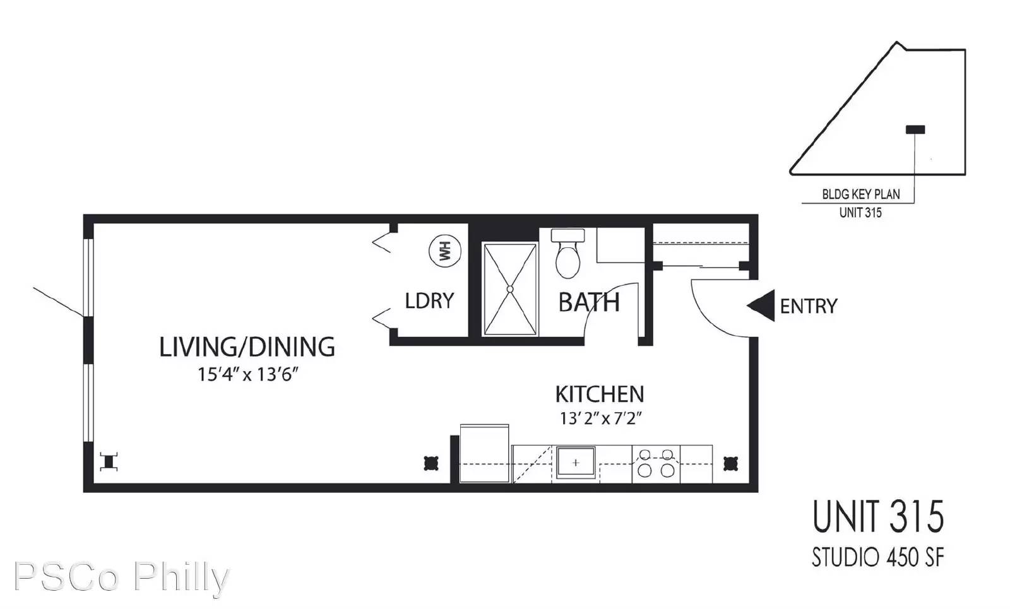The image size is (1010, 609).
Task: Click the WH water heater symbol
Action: pos(444,251)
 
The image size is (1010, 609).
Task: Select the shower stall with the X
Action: pos(510,289)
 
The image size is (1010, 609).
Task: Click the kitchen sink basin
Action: pos(575,463)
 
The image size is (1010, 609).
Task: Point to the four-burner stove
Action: pos(656,463)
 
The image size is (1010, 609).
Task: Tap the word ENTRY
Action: pos(808,307)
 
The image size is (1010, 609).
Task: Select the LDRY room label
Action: pos(429,300)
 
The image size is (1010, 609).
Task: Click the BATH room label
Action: pos(588,303)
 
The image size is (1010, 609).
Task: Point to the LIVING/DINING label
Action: pos(247,347)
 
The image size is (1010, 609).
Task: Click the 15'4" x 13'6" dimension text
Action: pos(247,374)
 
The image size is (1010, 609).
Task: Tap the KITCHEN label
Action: pos(599,394)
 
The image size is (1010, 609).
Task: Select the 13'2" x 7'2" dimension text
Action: pos(600,418)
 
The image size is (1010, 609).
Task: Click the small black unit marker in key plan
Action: pos(915,129)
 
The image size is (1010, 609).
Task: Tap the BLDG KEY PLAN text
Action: pos(860,194)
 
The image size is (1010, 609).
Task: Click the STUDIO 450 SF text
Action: pos(877,557)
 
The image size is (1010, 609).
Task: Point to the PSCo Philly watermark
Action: pos(121,577)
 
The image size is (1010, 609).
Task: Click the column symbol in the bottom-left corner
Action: pos(109,462)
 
